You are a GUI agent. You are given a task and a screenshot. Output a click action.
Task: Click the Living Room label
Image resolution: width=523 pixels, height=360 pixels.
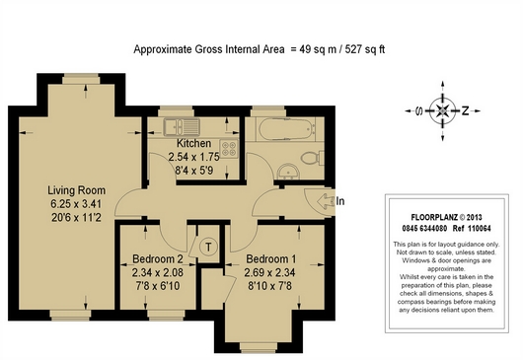click(x=76, y=190)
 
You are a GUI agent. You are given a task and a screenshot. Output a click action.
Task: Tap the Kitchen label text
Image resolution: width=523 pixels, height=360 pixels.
click(x=193, y=143)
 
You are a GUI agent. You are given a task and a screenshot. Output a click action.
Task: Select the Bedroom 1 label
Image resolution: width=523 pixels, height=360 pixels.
click(x=270, y=259)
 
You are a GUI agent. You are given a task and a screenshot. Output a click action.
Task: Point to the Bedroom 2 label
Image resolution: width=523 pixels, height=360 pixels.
click(x=158, y=259)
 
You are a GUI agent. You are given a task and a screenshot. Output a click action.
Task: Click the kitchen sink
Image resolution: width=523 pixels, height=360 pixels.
click(x=182, y=127)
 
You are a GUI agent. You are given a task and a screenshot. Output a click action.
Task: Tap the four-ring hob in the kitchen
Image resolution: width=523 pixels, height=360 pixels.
click(x=229, y=148)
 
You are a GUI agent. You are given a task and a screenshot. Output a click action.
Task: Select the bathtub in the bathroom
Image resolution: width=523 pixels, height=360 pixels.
click(x=287, y=128)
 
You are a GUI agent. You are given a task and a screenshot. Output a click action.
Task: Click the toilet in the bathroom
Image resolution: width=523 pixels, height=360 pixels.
click(x=313, y=158)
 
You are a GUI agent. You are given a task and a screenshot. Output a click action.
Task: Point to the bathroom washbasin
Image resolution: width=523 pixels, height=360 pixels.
click(x=288, y=172)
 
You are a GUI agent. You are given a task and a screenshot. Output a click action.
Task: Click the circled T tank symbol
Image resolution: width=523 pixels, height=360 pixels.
click(x=208, y=247)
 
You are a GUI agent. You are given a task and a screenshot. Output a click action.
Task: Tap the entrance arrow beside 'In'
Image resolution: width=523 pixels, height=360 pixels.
click(x=326, y=201)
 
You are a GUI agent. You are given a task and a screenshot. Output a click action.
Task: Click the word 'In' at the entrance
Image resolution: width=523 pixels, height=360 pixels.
click(x=339, y=201)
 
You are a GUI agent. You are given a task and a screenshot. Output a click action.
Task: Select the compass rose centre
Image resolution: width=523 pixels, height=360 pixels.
click(x=443, y=110)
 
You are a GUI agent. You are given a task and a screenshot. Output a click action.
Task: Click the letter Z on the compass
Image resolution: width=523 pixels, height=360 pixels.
click(x=465, y=110)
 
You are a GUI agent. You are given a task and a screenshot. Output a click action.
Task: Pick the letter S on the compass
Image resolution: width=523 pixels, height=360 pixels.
click(x=419, y=110)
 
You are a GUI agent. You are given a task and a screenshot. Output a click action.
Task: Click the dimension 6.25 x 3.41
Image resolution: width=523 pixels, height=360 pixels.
click(x=76, y=203)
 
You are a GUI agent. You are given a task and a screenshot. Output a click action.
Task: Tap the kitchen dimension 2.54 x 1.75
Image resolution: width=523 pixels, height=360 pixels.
click(x=193, y=157)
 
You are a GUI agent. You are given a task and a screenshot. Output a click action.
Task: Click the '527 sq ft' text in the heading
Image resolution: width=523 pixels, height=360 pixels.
click(x=365, y=49)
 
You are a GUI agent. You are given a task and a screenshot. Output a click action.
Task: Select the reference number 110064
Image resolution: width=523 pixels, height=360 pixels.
click(x=480, y=229)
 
